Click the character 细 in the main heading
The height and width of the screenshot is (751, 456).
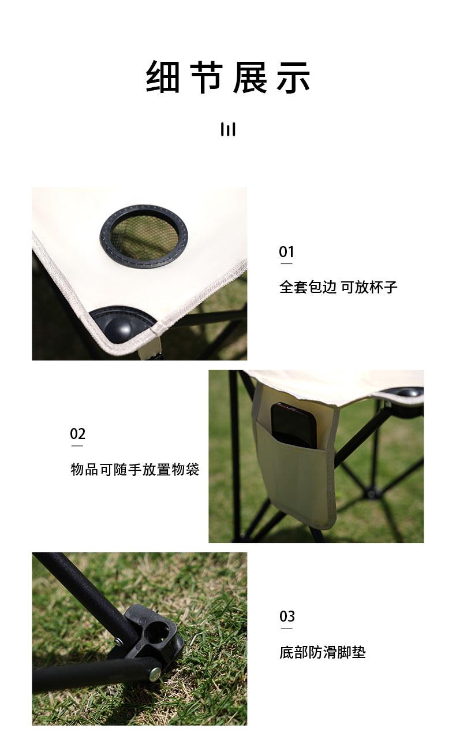click(x=163, y=77)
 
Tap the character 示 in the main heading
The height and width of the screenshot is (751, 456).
click(x=293, y=77)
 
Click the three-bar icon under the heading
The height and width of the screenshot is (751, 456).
click(x=228, y=129)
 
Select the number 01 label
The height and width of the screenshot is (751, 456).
click(x=286, y=252)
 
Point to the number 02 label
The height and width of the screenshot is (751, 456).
click(x=78, y=434)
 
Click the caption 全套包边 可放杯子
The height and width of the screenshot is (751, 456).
click(x=338, y=287)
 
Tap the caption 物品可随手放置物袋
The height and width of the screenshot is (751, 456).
click(x=134, y=469)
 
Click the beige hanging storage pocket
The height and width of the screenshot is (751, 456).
click(x=295, y=469)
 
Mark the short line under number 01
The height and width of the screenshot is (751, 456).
click(x=286, y=263)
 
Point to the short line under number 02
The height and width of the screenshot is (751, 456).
click(x=77, y=445)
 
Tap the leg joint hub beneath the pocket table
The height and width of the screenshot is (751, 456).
click(x=372, y=493)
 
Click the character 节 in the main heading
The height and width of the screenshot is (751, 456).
click(x=207, y=77)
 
